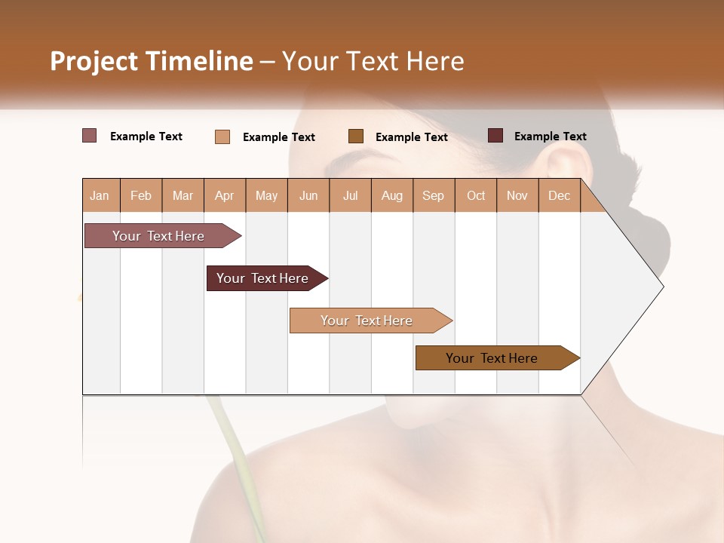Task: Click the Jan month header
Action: [x=100, y=195]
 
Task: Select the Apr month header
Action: [x=224, y=195]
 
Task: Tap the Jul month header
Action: [x=350, y=195]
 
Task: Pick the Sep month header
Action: [x=433, y=195]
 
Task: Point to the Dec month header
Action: [x=559, y=195]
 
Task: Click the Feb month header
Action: [x=141, y=195]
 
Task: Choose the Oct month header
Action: [x=476, y=195]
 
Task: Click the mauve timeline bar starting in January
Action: [x=158, y=236]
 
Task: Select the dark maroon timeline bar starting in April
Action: [x=262, y=278]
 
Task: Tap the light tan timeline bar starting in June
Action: [x=367, y=321]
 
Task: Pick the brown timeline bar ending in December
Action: [x=492, y=358]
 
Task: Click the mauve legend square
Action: [x=89, y=136]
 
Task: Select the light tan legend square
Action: [x=222, y=137]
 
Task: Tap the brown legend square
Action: [x=356, y=136]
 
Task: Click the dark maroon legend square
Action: [x=495, y=136]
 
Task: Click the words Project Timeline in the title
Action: [x=152, y=61]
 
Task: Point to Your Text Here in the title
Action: [x=373, y=61]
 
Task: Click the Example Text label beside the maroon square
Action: [x=550, y=137]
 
